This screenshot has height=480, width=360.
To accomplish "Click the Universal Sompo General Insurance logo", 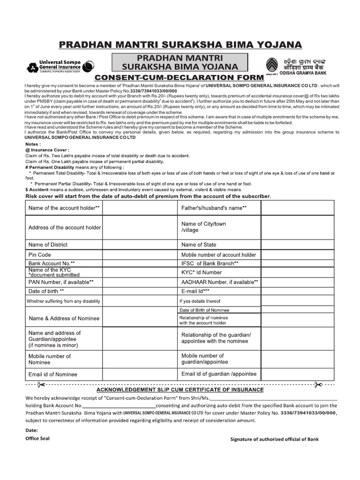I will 60,66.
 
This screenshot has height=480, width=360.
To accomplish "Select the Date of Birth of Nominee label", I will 204,310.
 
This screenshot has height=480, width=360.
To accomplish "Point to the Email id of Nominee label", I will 53,375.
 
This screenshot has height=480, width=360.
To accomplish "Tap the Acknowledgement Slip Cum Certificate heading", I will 180,390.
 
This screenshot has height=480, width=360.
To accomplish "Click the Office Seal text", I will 37,438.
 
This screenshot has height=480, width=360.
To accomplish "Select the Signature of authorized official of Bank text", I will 274,439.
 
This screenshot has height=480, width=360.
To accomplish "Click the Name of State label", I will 199,245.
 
